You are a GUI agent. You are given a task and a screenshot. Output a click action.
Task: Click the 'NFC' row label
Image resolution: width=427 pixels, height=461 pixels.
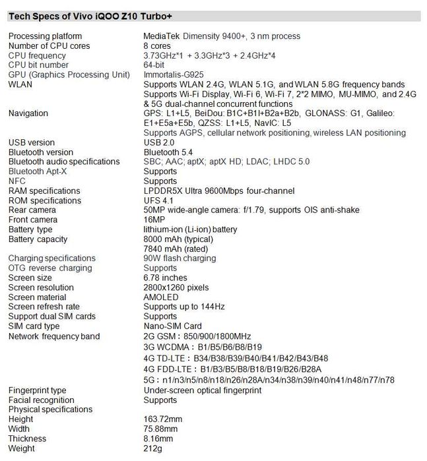pyautogui.click(x=17, y=181)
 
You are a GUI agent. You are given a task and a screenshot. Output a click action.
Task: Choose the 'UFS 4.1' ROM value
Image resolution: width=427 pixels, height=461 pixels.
pyautogui.click(x=158, y=200)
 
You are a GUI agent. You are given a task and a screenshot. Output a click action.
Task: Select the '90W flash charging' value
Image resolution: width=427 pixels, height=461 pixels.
pyautogui.click(x=180, y=258)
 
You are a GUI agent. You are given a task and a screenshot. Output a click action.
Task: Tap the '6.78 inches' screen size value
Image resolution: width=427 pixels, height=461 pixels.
pyautogui.click(x=165, y=278)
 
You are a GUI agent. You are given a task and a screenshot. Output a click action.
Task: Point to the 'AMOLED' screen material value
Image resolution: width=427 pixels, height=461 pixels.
pyautogui.click(x=161, y=297)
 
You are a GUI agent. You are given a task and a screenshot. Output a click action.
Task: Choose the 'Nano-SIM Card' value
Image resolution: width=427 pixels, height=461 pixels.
pyautogui.click(x=172, y=326)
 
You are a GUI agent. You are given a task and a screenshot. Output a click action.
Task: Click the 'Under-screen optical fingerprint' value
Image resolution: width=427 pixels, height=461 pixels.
pyautogui.click(x=203, y=390)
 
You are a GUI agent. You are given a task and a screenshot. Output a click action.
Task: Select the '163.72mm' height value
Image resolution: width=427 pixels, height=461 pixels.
pyautogui.click(x=162, y=419)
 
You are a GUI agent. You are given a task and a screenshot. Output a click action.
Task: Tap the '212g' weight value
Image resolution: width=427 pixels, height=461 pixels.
pyautogui.click(x=152, y=448)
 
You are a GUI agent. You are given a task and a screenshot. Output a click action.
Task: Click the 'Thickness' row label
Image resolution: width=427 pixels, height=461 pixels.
pyautogui.click(x=27, y=439)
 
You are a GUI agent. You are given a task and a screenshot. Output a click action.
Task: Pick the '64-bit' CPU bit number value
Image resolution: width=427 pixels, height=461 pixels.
pyautogui.click(x=156, y=65)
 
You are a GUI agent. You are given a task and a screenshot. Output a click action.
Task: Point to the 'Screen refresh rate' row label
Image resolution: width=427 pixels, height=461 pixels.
pyautogui.click(x=44, y=307)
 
